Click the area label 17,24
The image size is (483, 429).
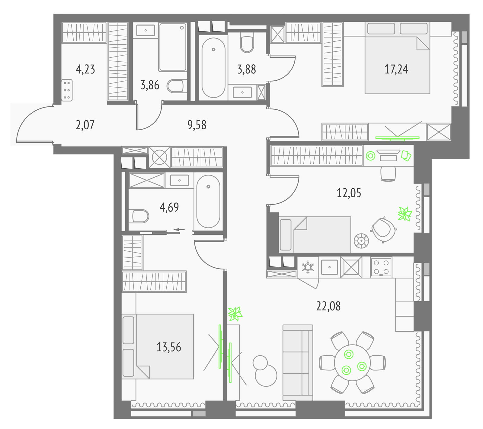coord(396,69)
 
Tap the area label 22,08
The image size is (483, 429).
coord(328,306)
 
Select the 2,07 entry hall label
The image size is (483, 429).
coord(85,124)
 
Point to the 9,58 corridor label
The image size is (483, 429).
coord(197,124)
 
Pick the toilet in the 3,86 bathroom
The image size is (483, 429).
coord(175,86)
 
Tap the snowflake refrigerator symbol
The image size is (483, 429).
coord(308,267)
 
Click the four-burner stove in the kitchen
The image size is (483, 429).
coord(381,267)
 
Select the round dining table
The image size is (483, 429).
coord(352,363)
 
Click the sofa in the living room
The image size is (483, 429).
coord(298,363)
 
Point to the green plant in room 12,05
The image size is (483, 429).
coord(405,214)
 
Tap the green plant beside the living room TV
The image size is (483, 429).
coord(235,314)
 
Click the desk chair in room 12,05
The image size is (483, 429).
coord(388,173)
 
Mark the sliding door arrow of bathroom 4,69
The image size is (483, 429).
coord(179,229)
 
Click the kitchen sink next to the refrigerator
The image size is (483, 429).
coord(329,267)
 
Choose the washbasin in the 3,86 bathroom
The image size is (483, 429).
coord(146,31)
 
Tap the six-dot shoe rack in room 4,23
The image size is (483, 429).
coord(67,90)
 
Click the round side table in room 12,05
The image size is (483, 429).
coord(361,241)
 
